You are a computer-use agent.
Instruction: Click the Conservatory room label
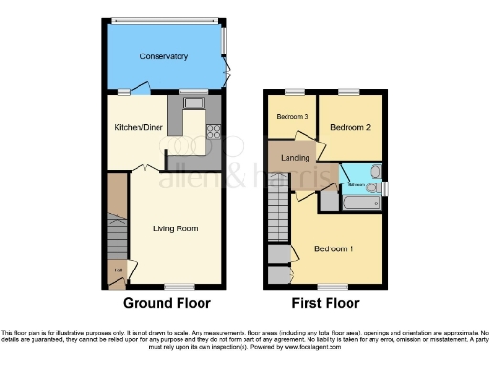tap(163, 56)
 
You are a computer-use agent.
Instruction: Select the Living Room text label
tap(175, 228)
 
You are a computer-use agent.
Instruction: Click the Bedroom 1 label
tap(333, 249)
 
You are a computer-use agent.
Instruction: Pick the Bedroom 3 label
tap(292, 117)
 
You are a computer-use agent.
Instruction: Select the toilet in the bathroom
tap(375, 172)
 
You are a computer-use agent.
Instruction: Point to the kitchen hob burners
tap(213, 133)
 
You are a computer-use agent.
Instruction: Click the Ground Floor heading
tap(166, 304)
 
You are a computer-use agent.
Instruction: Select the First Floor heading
tap(326, 304)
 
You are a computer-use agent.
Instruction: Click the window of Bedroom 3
tap(292, 91)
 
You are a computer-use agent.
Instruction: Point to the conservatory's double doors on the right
tap(227, 73)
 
